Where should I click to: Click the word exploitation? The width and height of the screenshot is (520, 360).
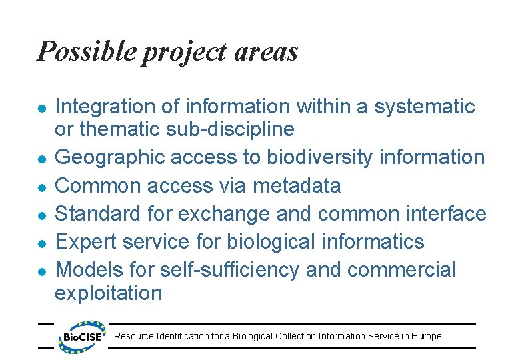point(108,293)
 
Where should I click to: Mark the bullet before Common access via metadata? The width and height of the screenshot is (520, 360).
point(41,187)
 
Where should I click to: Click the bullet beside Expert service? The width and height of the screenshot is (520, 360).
point(41,243)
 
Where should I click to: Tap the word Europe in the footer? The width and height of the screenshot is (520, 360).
point(427,336)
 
